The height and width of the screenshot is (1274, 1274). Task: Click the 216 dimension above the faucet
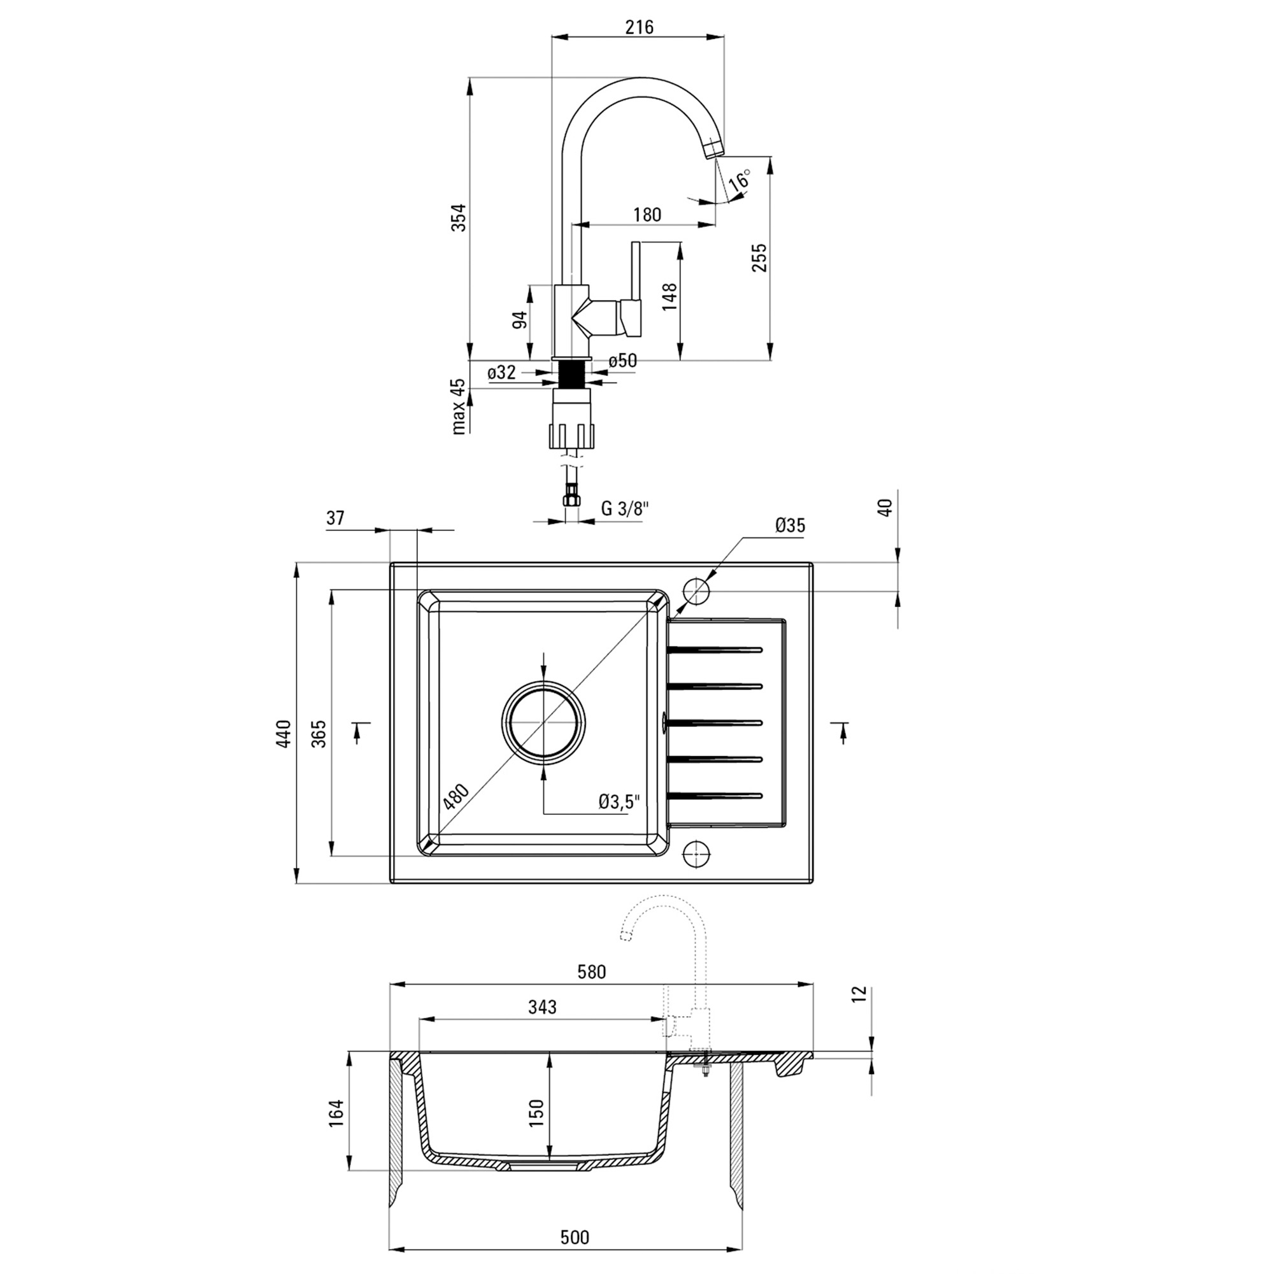click(639, 27)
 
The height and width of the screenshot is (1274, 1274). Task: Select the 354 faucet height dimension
click(459, 218)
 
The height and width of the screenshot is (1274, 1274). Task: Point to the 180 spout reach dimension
click(647, 214)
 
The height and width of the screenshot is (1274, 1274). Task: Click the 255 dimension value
click(760, 258)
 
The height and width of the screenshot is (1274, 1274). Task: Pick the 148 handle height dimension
click(669, 297)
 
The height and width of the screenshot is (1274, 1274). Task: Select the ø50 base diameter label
click(622, 361)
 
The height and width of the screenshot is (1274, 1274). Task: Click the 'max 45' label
click(459, 406)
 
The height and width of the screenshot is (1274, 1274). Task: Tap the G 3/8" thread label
click(625, 508)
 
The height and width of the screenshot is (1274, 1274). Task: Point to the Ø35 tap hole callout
click(791, 526)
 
